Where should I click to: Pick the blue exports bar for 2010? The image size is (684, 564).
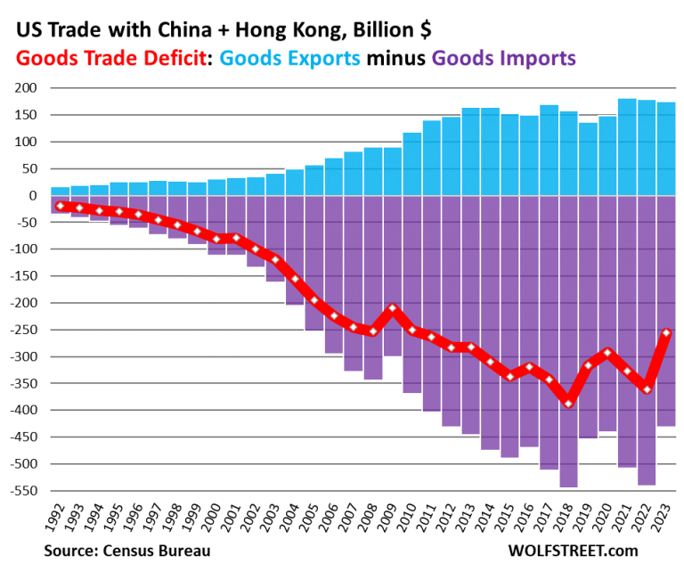pos(412,164)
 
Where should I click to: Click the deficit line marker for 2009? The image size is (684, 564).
pos(393,308)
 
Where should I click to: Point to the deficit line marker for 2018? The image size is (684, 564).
pos(568,404)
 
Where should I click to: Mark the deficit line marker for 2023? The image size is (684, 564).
pos(665,332)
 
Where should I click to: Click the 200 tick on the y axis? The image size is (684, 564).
pos(25,88)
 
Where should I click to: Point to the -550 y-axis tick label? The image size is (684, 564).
pos(22,491)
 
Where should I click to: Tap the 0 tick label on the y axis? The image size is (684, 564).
pos(31,195)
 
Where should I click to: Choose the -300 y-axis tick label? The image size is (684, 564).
pos(22,356)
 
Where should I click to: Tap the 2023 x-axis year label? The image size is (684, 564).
pos(665,519)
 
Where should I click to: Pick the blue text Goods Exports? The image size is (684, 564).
pos(289,59)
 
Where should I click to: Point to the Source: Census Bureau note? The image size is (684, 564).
pos(126,551)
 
